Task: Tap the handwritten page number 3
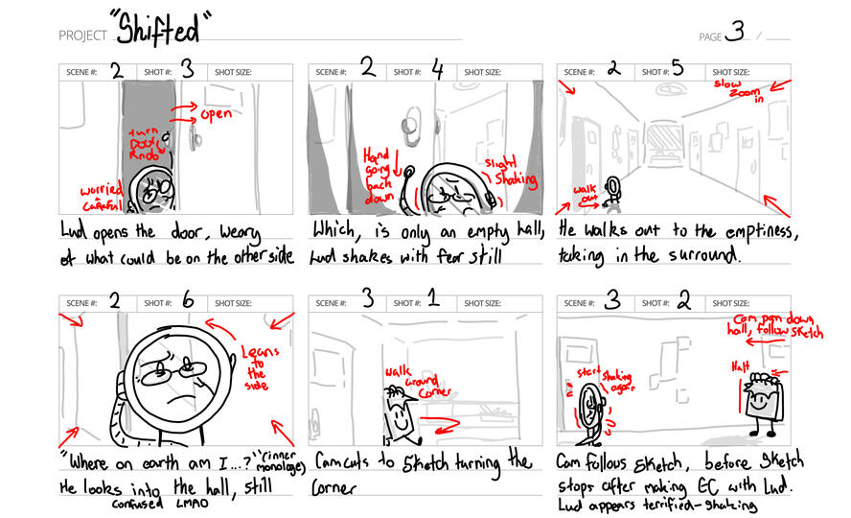[734, 32]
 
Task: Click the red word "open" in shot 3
[216, 115]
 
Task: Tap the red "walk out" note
[584, 195]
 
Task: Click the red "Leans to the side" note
[259, 365]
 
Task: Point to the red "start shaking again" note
[595, 378]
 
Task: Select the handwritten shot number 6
[188, 301]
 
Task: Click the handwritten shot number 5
[677, 69]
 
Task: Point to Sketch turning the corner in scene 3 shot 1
[400, 410]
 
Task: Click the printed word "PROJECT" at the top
[82, 35]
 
